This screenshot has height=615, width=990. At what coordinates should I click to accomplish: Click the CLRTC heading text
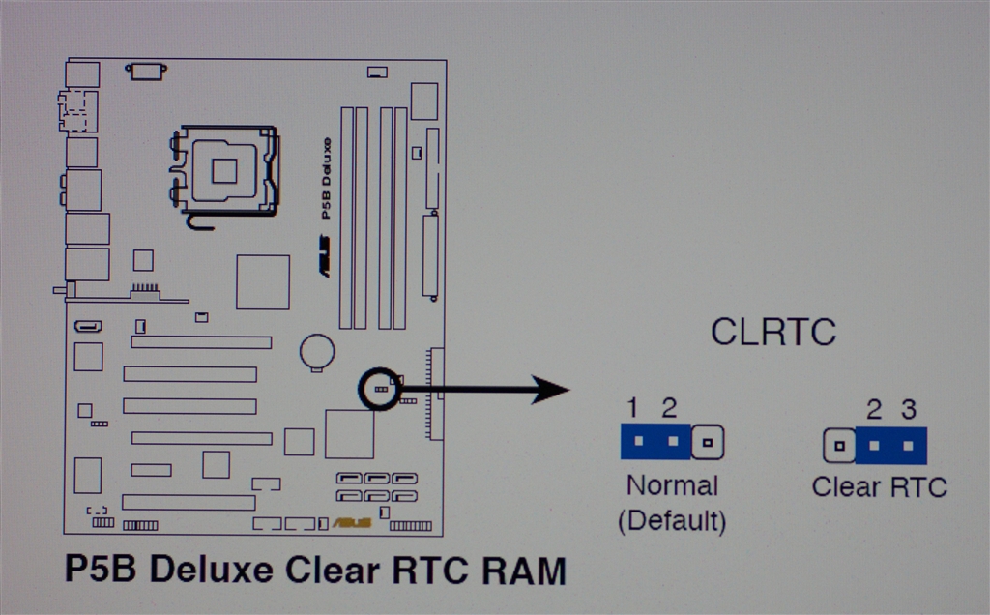tap(772, 333)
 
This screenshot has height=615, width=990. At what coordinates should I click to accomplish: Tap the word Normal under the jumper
tap(672, 485)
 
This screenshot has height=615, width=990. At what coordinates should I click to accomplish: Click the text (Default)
tap(672, 520)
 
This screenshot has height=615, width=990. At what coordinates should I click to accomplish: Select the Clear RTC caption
tap(879, 486)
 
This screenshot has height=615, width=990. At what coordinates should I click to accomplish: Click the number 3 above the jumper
tap(908, 409)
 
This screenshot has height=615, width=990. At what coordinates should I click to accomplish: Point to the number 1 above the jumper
tap(632, 407)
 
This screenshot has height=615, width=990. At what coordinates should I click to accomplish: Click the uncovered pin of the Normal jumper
tap(709, 443)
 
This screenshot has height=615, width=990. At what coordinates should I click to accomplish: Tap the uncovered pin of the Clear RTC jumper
tap(838, 446)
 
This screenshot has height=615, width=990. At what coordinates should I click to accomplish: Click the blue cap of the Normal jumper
tap(655, 442)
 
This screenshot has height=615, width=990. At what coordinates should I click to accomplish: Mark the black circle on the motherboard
tap(379, 388)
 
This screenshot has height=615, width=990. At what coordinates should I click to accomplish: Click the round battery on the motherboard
tap(316, 351)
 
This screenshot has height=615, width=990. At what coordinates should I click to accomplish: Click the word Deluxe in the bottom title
tap(209, 570)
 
